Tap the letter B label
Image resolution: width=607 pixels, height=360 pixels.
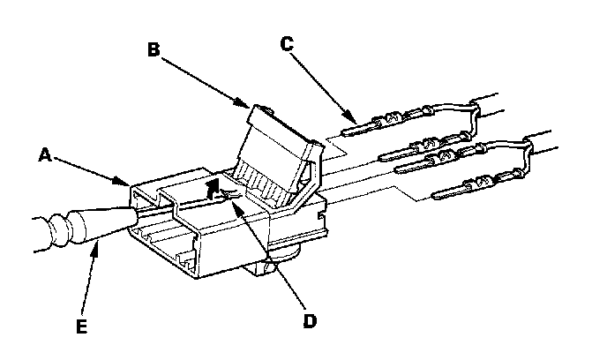(153, 50)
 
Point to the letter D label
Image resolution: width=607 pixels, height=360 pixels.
(308, 319)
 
